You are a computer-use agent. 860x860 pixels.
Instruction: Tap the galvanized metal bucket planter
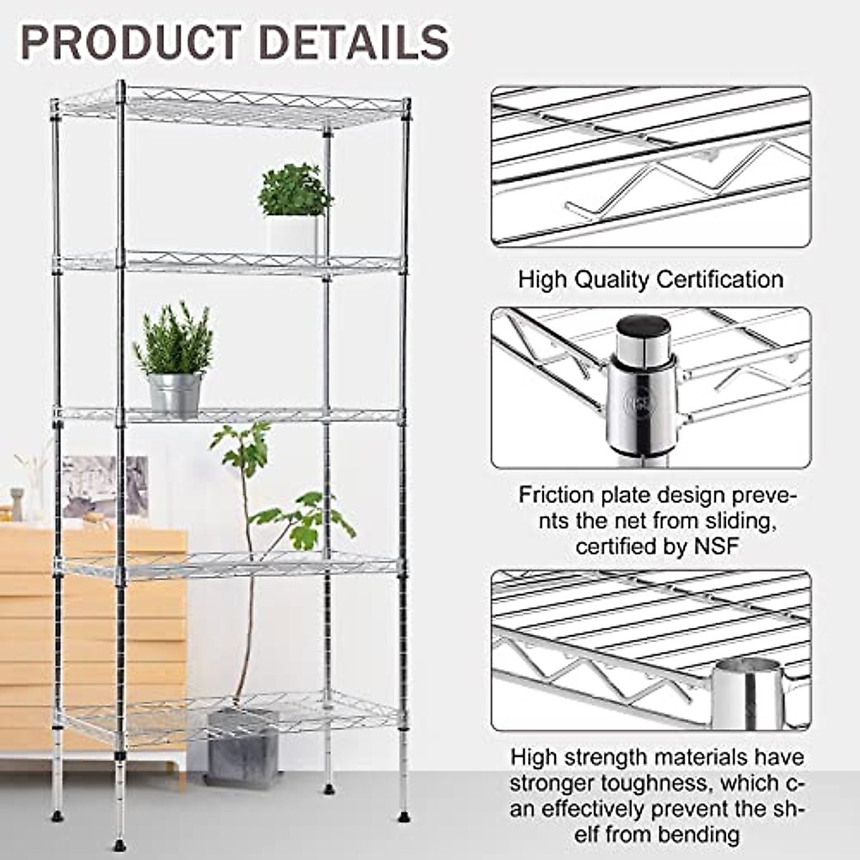pyautogui.click(x=175, y=393)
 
